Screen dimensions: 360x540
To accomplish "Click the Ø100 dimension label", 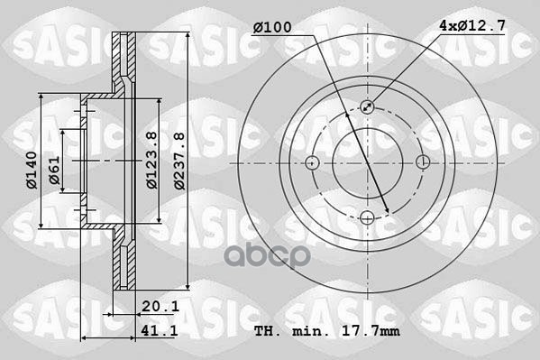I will (271, 27).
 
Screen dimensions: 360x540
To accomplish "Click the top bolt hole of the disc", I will (368, 107).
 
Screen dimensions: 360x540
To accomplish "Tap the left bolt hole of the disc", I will (313, 162).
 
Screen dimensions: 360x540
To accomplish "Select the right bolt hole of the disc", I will (423, 162).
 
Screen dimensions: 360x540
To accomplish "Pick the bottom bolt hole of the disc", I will (368, 217).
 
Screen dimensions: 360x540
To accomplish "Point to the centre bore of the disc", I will (368, 162).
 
